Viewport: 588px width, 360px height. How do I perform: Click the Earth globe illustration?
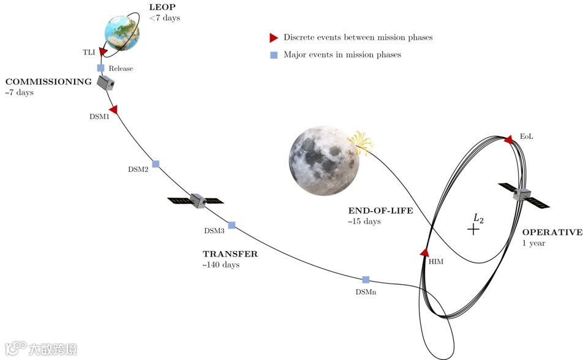(122, 33)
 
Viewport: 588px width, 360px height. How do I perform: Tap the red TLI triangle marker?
(103, 52)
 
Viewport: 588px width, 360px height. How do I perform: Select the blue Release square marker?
(101, 68)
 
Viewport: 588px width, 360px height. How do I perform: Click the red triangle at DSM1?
(113, 110)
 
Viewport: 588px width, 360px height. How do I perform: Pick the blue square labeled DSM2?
(156, 164)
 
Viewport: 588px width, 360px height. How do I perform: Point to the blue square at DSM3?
(232, 225)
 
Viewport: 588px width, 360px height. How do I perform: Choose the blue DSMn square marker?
(366, 280)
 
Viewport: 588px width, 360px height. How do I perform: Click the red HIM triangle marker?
(424, 252)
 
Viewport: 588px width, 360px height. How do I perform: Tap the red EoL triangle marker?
(508, 140)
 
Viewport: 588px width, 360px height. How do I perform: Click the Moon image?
(323, 161)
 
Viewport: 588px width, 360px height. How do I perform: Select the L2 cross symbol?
(473, 229)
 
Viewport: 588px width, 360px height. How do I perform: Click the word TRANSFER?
(230, 254)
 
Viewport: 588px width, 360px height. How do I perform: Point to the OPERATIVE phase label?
(552, 233)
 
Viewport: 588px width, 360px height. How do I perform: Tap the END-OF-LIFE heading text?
(380, 211)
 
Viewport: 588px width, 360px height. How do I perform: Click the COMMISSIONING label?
(48, 82)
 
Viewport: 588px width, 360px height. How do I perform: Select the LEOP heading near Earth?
(162, 7)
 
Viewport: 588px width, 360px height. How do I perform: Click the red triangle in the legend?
(274, 38)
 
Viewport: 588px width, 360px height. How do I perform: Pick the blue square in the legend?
(274, 55)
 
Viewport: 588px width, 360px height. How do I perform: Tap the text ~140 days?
(221, 265)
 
